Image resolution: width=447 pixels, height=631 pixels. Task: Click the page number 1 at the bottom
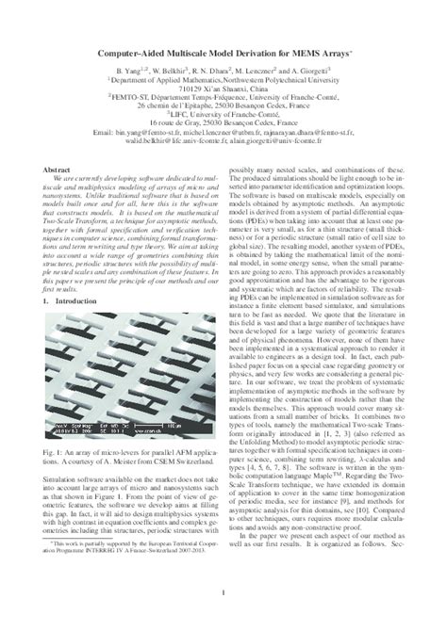click(223, 591)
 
